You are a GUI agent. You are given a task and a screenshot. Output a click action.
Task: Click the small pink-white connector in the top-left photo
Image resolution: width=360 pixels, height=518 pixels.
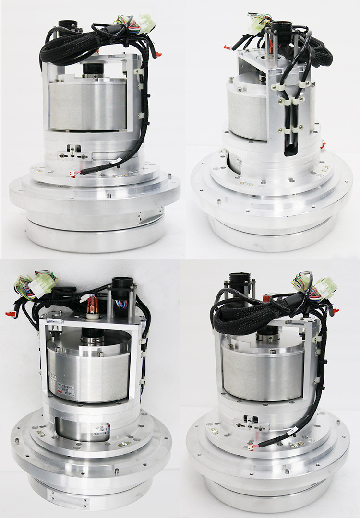point(73,174)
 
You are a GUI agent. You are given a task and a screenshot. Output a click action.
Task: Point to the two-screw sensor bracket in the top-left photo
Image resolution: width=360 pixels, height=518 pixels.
point(72,155)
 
